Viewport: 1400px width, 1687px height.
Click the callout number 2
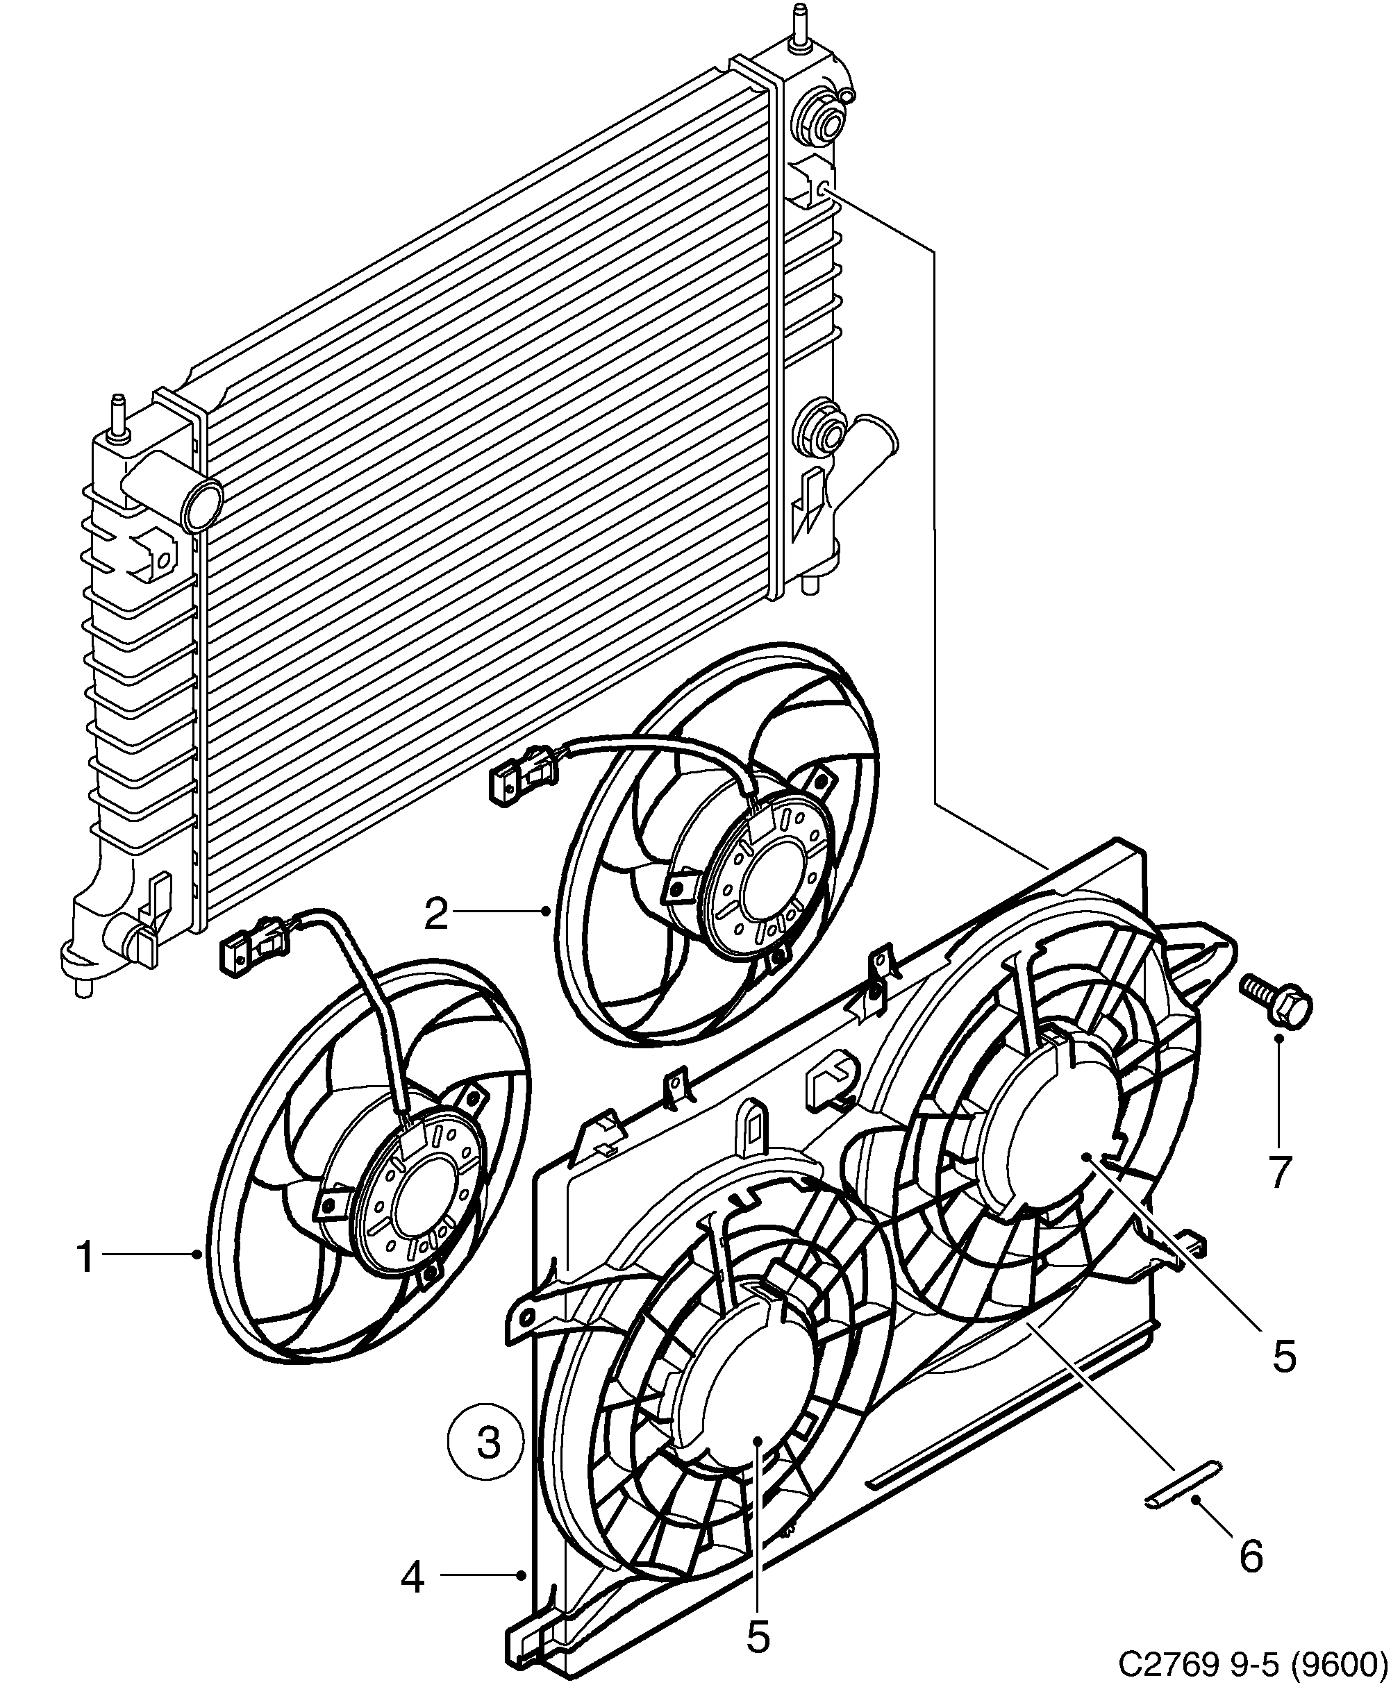coord(435,914)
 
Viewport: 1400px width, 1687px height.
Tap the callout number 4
coord(412,1579)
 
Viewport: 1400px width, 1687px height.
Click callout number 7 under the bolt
coord(1278,1173)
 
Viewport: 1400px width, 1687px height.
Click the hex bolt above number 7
coord(1277,997)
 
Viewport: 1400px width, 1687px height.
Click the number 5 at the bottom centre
coord(758,1636)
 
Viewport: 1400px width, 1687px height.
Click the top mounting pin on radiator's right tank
coord(801,28)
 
